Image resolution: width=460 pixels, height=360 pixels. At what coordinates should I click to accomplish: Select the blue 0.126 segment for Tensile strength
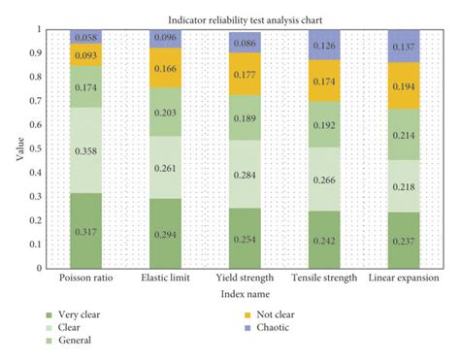coord(325,44)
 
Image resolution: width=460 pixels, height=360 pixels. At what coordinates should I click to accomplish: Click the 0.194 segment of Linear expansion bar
coord(404,85)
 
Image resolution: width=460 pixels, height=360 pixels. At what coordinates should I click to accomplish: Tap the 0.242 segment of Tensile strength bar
coord(325,240)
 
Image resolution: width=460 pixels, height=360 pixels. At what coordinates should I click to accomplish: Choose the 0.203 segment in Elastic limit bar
coord(167,112)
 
